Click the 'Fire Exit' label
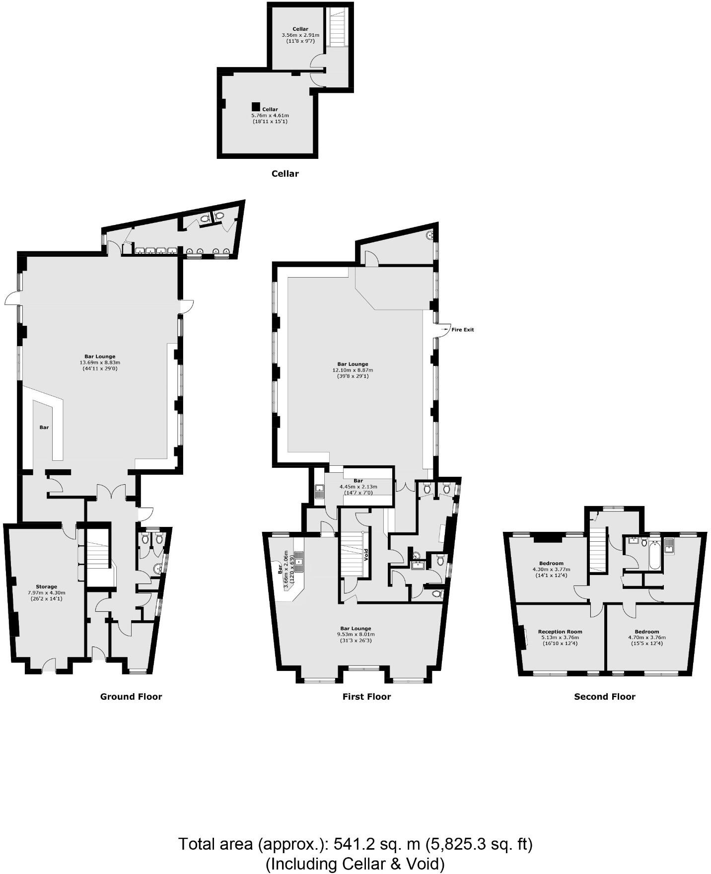coord(462,330)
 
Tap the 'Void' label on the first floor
coord(366,554)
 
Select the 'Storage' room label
coord(46,586)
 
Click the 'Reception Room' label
coord(560,632)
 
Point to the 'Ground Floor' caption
coord(131,697)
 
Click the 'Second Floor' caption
coord(604,697)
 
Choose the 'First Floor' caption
coord(366,697)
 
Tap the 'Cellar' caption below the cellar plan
coord(285,174)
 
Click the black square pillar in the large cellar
coord(256,106)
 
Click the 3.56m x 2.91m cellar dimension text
coord(300,35)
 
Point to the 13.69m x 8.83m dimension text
coord(100,363)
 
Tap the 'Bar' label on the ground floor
coord(44,427)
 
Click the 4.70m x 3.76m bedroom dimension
coord(647,638)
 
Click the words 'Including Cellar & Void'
coord(355,864)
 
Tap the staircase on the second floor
coord(598,549)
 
